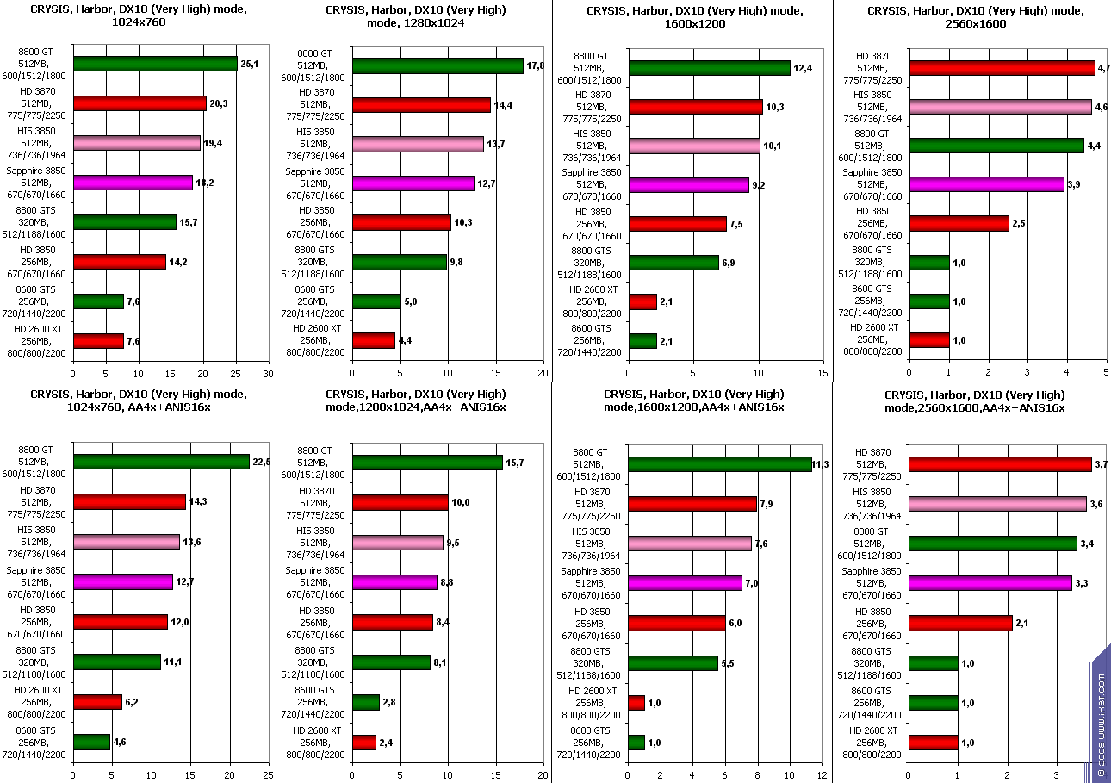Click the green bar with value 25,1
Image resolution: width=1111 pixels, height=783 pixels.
[x=155, y=63]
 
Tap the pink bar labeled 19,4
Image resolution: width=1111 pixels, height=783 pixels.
[x=137, y=143]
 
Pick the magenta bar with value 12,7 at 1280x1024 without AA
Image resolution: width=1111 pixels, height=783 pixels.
[x=413, y=183]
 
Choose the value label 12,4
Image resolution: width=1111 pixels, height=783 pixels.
[x=804, y=68]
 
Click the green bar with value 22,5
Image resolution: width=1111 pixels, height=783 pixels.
[x=161, y=462]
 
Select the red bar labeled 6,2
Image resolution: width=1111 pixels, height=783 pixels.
[x=97, y=702]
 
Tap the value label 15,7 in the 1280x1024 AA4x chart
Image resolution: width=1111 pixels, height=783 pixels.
[x=515, y=463]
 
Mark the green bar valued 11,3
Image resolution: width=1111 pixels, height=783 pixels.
[x=719, y=463]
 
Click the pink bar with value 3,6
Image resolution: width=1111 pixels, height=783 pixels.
[x=997, y=503]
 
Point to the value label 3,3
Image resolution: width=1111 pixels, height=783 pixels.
[x=1083, y=584]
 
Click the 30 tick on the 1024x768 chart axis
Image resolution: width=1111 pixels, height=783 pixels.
[x=268, y=373]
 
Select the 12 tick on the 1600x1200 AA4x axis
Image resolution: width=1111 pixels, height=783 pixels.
[x=822, y=774]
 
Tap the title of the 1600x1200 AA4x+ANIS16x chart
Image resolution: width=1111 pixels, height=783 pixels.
[x=692, y=401]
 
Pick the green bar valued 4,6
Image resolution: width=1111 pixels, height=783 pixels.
[x=91, y=742]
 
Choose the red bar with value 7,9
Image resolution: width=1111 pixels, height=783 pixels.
[x=692, y=503]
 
